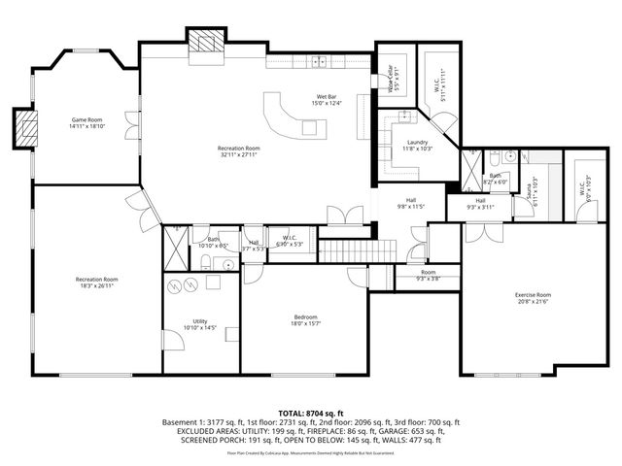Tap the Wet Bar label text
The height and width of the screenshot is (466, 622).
coord(327,96)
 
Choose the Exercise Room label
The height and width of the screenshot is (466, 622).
coord(533,294)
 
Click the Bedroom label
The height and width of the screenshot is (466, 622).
coord(306,316)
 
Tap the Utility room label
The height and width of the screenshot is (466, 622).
coord(199,322)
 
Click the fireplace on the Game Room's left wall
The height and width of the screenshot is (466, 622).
coord(25,125)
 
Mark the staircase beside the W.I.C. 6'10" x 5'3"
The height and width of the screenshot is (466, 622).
coord(356,248)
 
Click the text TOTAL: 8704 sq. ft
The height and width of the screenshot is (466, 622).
coord(310,414)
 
